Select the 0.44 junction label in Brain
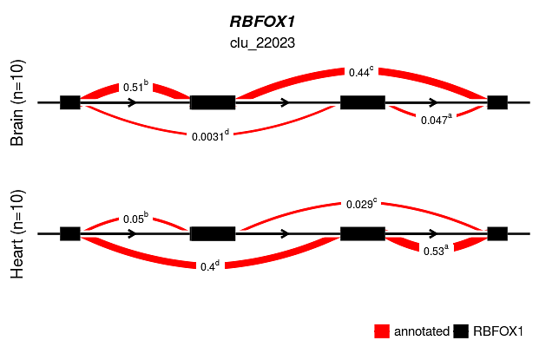point(360,73)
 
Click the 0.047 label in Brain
point(435,120)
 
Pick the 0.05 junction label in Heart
point(135,219)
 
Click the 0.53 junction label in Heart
point(434,250)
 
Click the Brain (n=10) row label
point(18,103)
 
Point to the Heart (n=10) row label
point(18,234)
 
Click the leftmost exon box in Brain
point(70,102)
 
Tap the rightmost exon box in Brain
point(497,102)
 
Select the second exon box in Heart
point(212,233)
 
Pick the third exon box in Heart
point(363,233)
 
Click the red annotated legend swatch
point(382,331)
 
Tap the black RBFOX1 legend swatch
point(461,331)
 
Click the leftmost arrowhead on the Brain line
point(132,102)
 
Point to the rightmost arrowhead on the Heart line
point(433,233)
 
